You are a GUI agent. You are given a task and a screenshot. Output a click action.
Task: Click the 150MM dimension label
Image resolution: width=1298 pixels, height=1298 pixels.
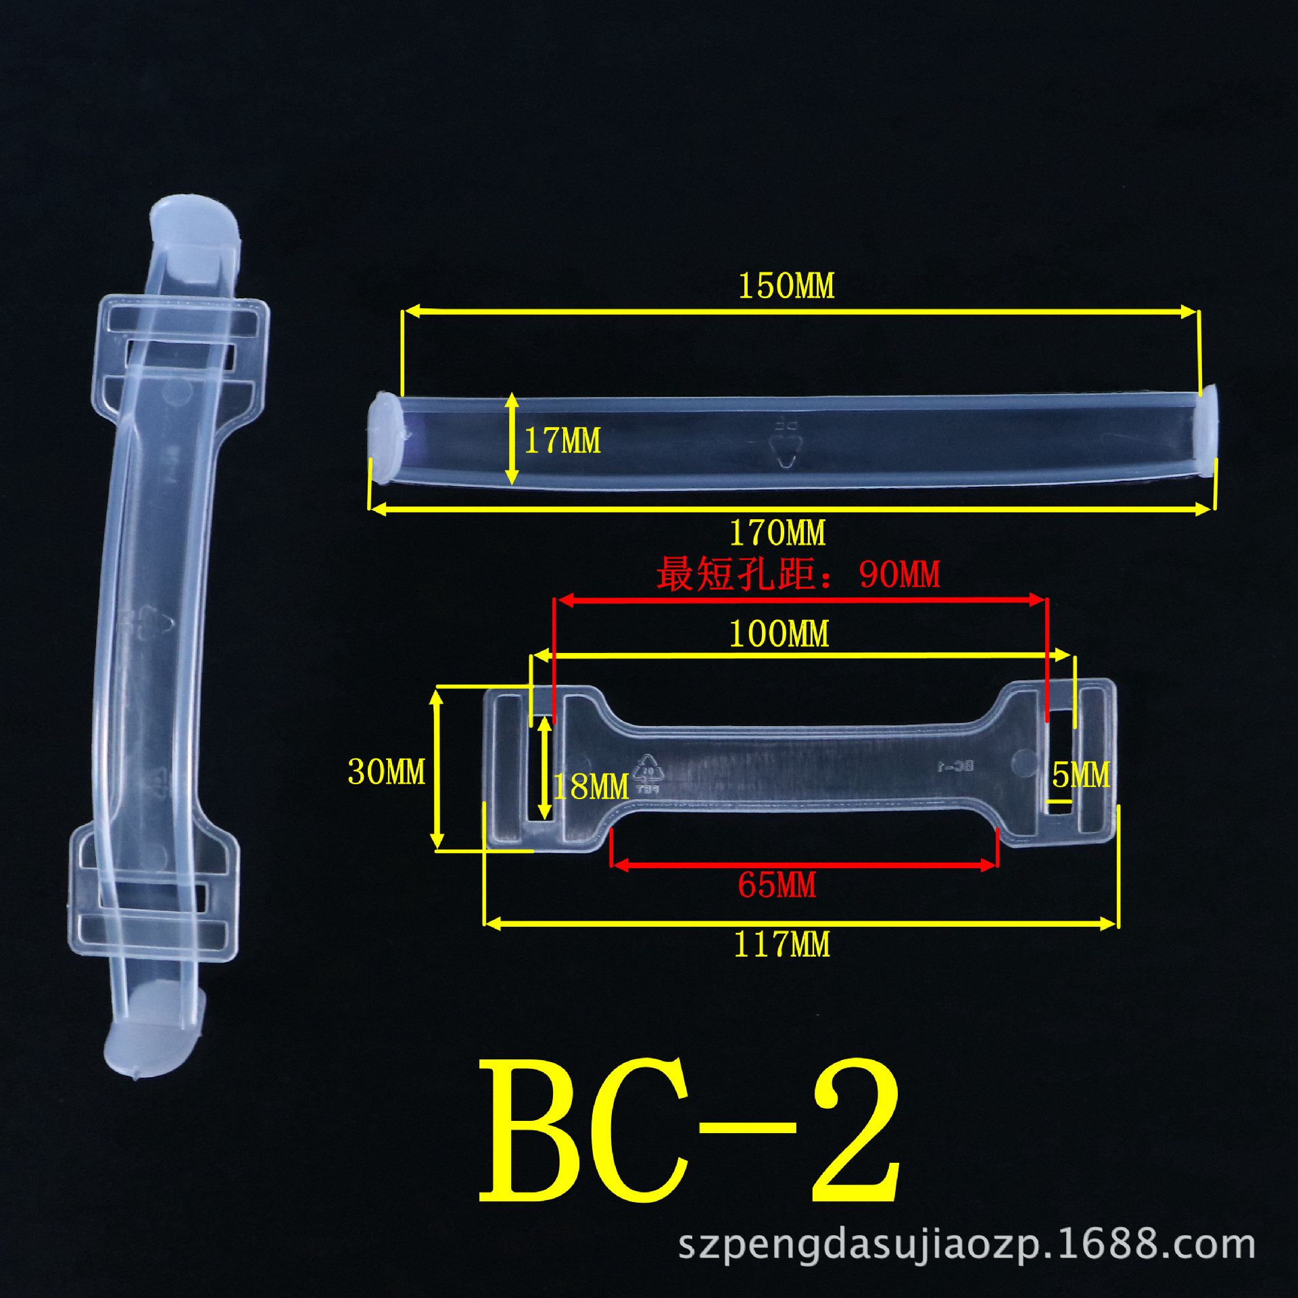click(786, 286)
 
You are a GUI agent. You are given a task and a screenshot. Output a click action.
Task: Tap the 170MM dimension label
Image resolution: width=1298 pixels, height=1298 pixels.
click(777, 533)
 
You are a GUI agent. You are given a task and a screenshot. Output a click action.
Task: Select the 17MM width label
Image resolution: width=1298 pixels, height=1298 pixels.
click(562, 441)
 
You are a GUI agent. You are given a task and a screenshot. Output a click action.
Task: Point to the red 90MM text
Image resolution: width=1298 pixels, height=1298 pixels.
click(899, 575)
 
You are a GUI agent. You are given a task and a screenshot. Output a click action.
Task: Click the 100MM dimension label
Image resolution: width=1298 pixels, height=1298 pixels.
click(779, 634)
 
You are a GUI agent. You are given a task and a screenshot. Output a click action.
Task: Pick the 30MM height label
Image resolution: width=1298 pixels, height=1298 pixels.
click(387, 771)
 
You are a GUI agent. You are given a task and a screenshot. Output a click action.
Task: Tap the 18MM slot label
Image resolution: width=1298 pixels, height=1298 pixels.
click(591, 786)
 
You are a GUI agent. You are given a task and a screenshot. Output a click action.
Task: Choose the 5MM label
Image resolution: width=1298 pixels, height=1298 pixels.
click(1080, 775)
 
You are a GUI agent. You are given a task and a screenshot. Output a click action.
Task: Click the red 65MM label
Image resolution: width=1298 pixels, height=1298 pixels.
click(777, 885)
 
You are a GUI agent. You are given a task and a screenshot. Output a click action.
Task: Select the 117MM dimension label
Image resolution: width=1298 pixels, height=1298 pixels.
click(782, 944)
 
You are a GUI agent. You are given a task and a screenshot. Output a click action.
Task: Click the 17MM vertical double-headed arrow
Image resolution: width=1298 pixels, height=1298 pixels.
click(512, 439)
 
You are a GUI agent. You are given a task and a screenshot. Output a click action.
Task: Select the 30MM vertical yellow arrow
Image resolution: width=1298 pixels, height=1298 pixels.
click(437, 769)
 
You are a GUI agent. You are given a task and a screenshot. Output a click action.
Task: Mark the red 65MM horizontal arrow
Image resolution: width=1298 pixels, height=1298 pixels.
click(804, 865)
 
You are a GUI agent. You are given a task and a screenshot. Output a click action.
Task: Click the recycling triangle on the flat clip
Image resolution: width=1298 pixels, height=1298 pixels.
click(648, 771)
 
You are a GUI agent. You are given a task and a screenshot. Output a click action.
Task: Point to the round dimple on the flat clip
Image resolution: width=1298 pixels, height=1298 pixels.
click(1025, 762)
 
